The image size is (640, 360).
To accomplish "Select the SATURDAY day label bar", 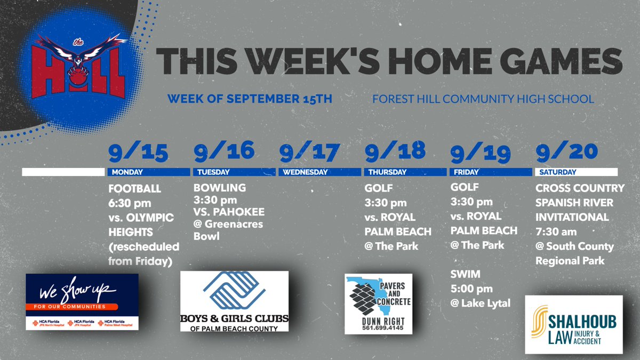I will click(576, 172).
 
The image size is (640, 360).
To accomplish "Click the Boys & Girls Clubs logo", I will click(234, 301).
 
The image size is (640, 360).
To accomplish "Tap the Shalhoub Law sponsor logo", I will click(573, 324).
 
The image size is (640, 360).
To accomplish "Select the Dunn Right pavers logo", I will click(378, 303).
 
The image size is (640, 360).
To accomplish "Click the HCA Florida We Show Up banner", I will click(82, 301).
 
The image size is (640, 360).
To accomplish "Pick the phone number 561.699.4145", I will click(378, 328).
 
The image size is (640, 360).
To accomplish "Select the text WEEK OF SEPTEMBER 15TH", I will click(250, 99).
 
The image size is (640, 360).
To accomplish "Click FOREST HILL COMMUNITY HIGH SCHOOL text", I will click(483, 99).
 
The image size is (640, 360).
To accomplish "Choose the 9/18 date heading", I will click(394, 152).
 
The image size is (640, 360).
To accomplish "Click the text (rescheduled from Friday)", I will click(143, 254).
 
